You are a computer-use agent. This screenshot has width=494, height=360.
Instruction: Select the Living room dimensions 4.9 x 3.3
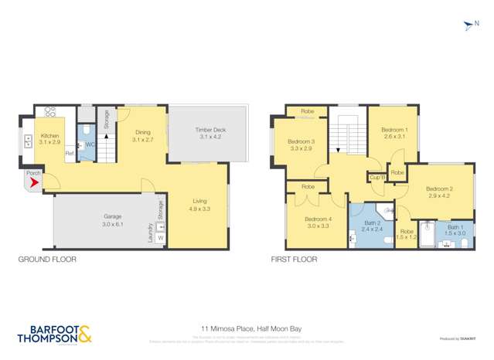pyautogui.click(x=200, y=209)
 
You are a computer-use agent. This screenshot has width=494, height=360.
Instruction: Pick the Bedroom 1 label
pyautogui.click(x=394, y=129)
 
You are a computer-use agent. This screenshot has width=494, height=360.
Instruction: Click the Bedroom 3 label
pyautogui.click(x=301, y=141)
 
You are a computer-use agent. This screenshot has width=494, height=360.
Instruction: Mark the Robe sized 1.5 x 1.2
pyautogui.click(x=406, y=237)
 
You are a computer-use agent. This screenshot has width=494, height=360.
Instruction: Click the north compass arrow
pyautogui.click(x=468, y=28)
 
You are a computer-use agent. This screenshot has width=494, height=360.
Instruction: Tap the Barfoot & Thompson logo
pyautogui.click(x=53, y=335)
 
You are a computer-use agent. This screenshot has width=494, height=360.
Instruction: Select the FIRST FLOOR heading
pyautogui.click(x=295, y=260)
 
